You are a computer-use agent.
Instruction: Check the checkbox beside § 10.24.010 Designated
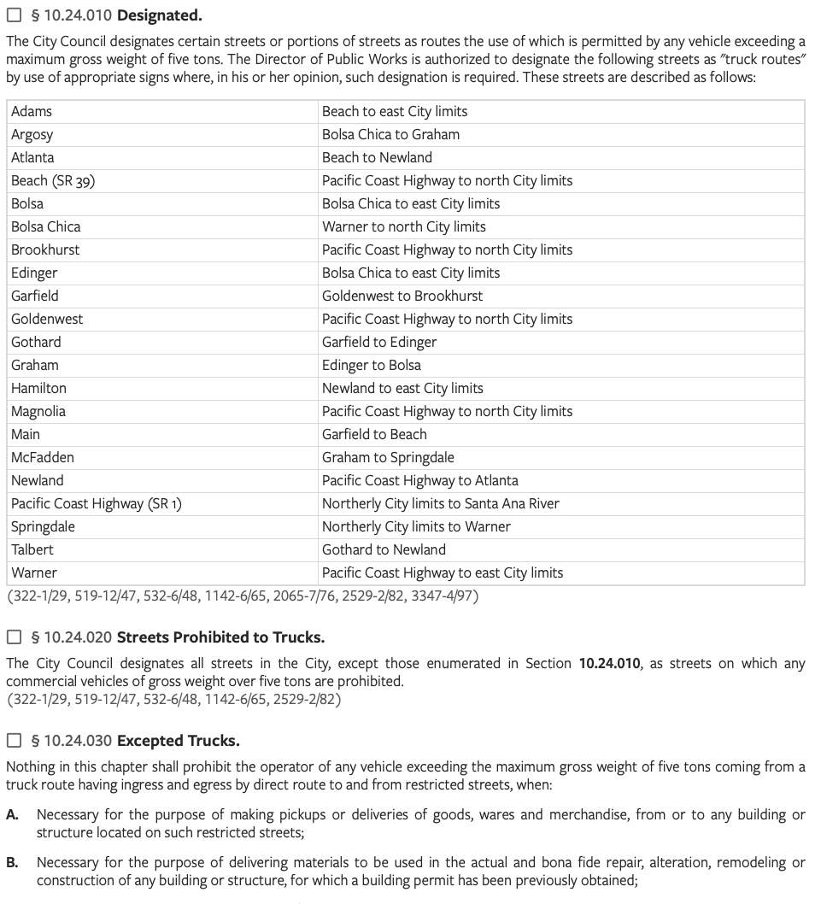point(14,15)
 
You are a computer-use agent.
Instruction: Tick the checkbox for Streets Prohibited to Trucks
point(14,637)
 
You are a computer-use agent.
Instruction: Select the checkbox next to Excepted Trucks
point(14,740)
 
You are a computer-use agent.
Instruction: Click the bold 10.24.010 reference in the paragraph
point(609,663)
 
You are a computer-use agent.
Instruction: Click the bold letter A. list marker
point(13,814)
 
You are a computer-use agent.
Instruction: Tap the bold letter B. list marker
point(13,862)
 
